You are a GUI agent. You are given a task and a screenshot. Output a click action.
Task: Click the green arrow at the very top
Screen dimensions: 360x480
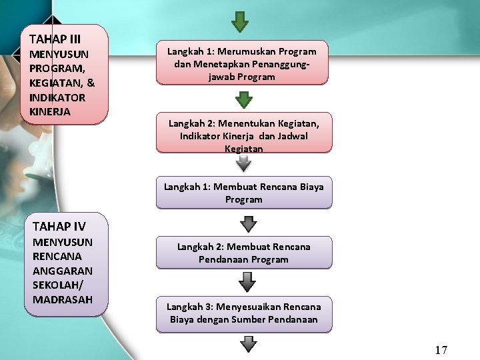[x=240, y=21]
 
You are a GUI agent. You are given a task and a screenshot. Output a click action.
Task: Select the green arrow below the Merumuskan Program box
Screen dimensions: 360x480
[x=245, y=99]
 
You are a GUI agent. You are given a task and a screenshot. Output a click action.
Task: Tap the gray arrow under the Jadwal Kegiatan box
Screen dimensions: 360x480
[x=245, y=163]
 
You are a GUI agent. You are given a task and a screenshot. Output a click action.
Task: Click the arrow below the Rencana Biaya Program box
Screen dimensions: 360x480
[x=245, y=221]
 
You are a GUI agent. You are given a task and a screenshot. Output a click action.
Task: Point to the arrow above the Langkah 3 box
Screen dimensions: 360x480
[x=247, y=281]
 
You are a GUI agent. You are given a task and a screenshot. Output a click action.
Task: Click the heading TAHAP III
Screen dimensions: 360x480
[x=55, y=39]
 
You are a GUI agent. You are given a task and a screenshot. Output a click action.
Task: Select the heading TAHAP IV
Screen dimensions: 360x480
[x=59, y=226]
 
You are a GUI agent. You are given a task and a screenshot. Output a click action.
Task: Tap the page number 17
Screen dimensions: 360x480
[x=441, y=350]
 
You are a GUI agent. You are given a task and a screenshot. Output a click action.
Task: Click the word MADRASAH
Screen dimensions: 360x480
[x=62, y=299]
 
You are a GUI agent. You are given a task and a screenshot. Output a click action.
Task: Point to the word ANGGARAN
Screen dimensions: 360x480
[x=62, y=271]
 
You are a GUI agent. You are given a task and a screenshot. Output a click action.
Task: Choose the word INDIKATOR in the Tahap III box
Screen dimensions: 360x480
[x=57, y=97]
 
